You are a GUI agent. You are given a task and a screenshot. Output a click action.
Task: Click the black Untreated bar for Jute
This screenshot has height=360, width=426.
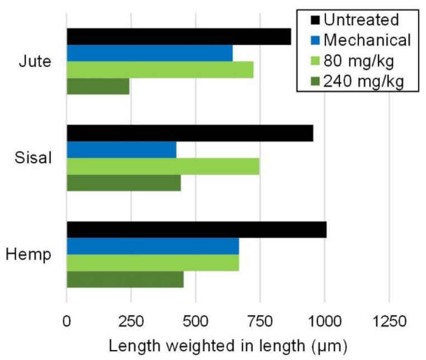tap(179, 37)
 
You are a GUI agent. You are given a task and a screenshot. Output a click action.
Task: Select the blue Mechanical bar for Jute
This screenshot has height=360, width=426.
tap(149, 54)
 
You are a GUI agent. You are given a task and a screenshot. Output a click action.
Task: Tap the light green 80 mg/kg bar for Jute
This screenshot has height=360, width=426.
tap(160, 70)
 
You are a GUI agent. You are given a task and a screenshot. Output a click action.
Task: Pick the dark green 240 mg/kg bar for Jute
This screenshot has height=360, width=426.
tap(98, 87)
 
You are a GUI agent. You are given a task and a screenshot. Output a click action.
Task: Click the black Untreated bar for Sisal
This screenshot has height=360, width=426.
tap(190, 133)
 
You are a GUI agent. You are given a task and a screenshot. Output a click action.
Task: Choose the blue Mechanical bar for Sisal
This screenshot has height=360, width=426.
tap(121, 150)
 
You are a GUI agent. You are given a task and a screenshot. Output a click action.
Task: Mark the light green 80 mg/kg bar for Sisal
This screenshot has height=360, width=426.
tap(163, 167)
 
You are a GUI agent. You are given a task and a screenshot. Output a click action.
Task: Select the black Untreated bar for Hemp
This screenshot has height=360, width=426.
tap(196, 230)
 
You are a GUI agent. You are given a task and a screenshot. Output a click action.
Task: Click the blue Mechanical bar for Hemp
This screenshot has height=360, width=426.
tap(153, 246)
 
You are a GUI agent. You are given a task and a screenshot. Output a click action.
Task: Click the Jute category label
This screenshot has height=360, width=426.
tap(35, 61)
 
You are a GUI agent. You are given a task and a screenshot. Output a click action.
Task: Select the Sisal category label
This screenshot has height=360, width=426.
tap(34, 158)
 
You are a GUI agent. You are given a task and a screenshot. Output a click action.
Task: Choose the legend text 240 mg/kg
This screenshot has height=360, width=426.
tap(363, 81)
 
